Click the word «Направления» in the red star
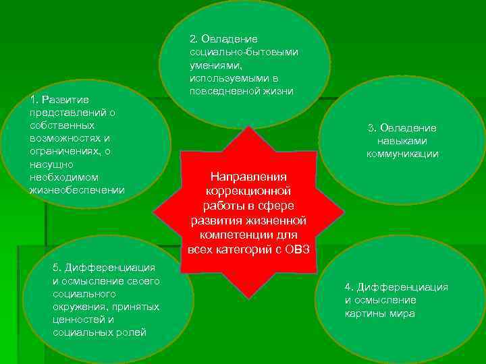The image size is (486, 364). pyautogui.click(x=249, y=177)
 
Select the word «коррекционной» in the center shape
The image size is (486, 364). pyautogui.click(x=249, y=191)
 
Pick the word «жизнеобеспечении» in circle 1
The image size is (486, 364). pyautogui.click(x=76, y=189)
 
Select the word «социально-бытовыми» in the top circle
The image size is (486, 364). pyautogui.click(x=244, y=52)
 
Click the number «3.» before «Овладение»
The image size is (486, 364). pyautogui.click(x=372, y=128)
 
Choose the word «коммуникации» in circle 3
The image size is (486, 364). pyautogui.click(x=402, y=154)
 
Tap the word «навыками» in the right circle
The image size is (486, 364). pyautogui.click(x=402, y=141)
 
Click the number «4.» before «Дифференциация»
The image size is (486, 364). pyautogui.click(x=349, y=287)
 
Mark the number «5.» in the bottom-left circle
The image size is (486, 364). pyautogui.click(x=57, y=268)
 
